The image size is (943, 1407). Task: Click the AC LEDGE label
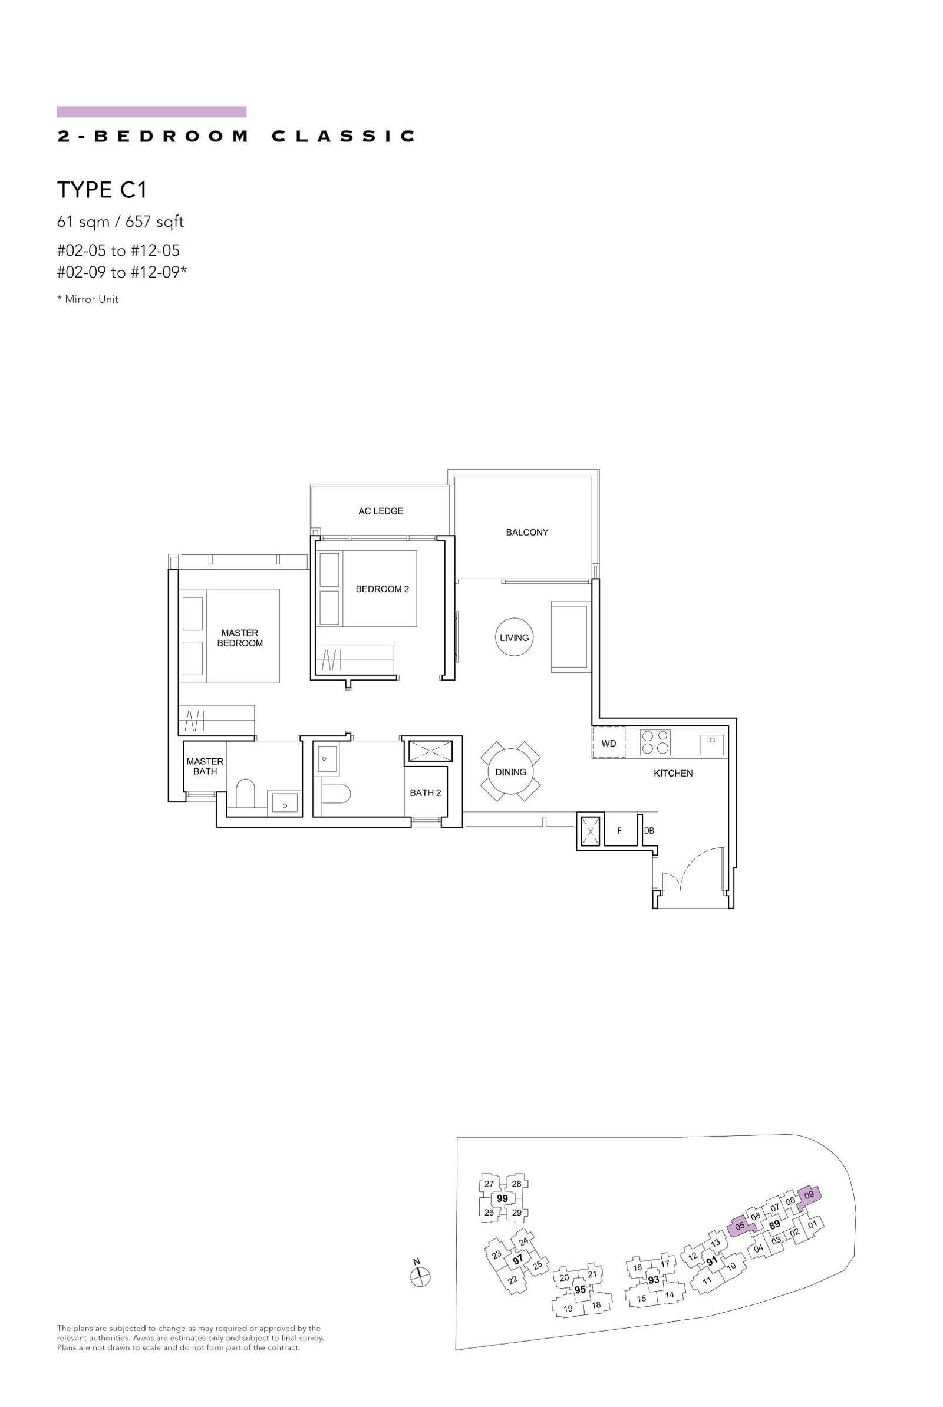click(381, 511)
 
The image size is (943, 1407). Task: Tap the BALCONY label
click(527, 532)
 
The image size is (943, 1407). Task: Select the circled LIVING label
click(514, 638)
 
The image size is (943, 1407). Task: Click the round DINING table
click(510, 772)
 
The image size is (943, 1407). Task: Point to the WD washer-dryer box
click(609, 743)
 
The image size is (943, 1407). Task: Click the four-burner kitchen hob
click(655, 742)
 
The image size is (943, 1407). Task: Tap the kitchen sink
click(712, 744)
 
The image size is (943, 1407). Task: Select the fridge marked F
click(620, 830)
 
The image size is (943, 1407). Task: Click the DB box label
click(649, 831)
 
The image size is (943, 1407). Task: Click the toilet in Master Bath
click(245, 794)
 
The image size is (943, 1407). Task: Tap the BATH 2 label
click(425, 792)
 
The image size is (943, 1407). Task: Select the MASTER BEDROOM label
click(240, 638)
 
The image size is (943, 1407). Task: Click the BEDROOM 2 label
click(382, 589)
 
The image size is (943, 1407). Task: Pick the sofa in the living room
click(569, 636)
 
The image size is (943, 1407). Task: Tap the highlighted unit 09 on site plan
click(809, 1195)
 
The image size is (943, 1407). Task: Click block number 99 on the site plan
click(502, 1198)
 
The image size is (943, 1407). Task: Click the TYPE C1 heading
click(102, 190)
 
